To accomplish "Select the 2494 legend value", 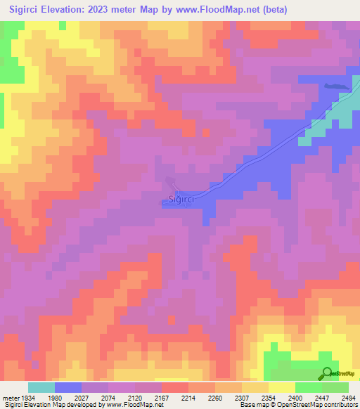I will [x=347, y=397].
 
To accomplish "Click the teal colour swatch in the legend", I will [x=41, y=387].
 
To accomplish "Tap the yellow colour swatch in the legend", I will [x=281, y=387].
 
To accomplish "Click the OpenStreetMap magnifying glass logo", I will [x=326, y=373].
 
